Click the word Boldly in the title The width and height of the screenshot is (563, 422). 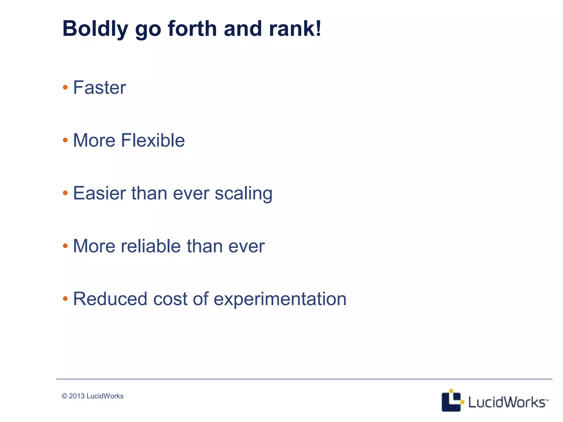(x=95, y=29)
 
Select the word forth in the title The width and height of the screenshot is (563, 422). (x=192, y=29)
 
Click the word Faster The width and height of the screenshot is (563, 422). (x=100, y=88)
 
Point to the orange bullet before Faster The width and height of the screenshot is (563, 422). (x=65, y=88)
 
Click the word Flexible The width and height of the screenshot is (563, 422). (x=153, y=140)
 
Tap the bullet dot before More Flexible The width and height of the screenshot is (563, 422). (x=65, y=140)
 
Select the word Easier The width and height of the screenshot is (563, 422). (x=99, y=193)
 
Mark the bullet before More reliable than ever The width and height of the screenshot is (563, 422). (x=65, y=246)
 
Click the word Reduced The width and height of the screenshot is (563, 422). (x=110, y=299)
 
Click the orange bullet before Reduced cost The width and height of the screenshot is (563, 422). (x=65, y=299)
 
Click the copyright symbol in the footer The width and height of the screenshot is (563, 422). (x=65, y=396)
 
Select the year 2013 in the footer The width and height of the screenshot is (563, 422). (x=77, y=396)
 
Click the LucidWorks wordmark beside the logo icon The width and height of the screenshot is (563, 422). (x=507, y=402)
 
